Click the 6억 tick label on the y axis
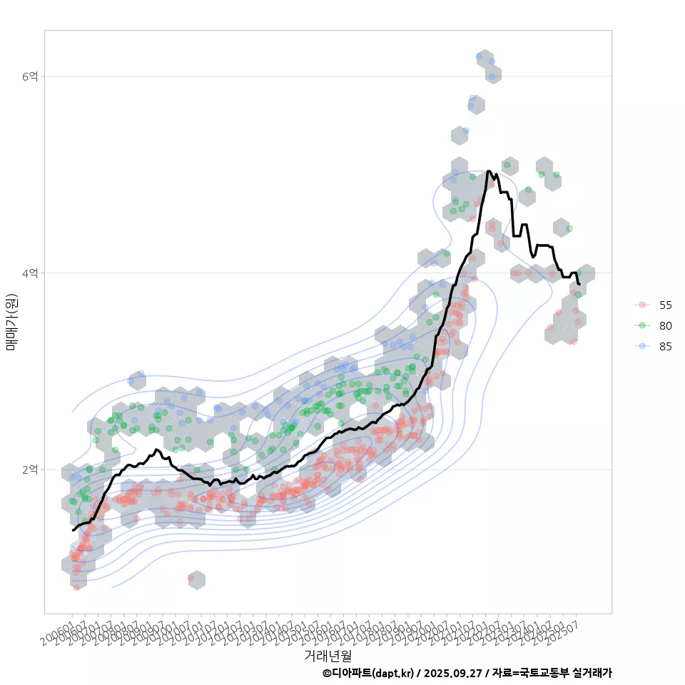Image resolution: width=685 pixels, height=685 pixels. pos(30,76)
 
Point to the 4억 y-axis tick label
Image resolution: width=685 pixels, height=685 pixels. pos(30,273)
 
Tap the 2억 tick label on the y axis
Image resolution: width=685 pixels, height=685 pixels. pos(30,470)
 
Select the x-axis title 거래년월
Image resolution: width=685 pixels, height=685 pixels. pos(328,655)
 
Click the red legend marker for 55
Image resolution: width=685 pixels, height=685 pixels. pos(642,305)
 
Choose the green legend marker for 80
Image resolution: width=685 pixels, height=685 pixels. pos(642,325)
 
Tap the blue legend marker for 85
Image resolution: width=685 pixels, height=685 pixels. pos(642,346)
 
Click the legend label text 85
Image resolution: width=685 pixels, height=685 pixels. pos(665,346)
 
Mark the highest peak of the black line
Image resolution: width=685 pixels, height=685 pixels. pos(488,171)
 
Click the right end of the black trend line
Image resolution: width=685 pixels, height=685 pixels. pos(579,284)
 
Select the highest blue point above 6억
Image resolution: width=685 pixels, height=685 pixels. pos(479,56)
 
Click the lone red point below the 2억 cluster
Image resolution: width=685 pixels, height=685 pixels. pos(191,577)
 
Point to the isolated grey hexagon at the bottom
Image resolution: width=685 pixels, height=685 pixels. pos(196,579)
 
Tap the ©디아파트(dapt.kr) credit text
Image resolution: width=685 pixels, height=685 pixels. pos(367,673)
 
